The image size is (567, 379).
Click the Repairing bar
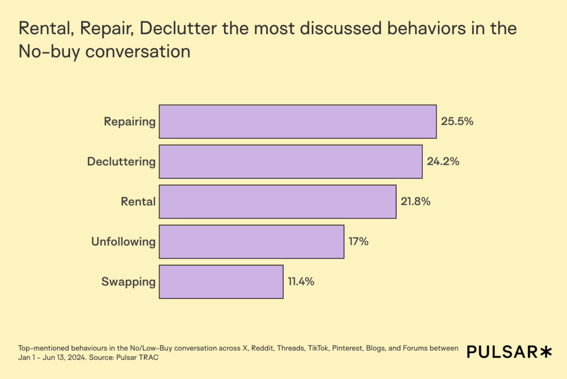pos(297,122)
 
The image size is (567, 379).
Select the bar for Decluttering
pos(290,162)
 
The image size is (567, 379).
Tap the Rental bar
pos(278,202)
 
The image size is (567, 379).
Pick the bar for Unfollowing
pos(252,242)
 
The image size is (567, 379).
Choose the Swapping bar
pos(221,282)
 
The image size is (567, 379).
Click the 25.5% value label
pos(457,122)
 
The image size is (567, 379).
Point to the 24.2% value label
pos(443,162)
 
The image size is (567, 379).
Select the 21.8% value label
pos(416,202)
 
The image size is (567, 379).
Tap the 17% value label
pos(358,242)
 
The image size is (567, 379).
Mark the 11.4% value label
pos(301,282)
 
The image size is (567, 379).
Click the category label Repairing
pos(129,122)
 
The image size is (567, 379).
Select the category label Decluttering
pos(121,162)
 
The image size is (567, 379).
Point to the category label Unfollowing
pos(123,242)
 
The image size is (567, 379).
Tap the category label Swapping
pos(128,282)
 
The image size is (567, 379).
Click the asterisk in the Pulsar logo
pos(546,352)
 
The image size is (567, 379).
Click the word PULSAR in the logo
pos(502,352)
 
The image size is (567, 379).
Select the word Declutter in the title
pos(178,29)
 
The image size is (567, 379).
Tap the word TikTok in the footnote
pos(318,348)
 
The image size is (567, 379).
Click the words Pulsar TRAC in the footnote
pos(137,358)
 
